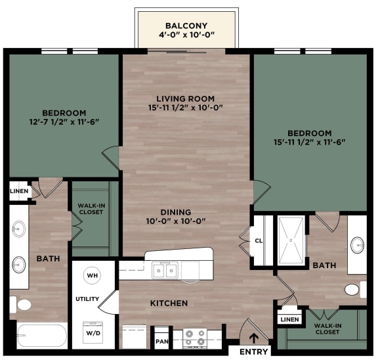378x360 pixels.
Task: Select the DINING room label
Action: (176, 212)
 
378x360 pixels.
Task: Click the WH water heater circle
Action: (93, 275)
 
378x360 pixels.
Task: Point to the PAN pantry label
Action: (161, 342)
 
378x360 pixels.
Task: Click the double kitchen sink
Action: (165, 270)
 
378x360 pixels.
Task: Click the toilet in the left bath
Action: (23, 305)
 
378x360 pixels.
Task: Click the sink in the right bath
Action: (358, 245)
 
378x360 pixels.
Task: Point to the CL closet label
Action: (258, 241)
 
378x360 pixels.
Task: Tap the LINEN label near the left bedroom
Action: (19, 191)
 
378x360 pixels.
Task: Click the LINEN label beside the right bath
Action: (289, 319)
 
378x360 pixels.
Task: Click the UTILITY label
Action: (87, 300)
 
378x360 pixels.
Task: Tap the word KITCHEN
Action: (169, 303)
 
